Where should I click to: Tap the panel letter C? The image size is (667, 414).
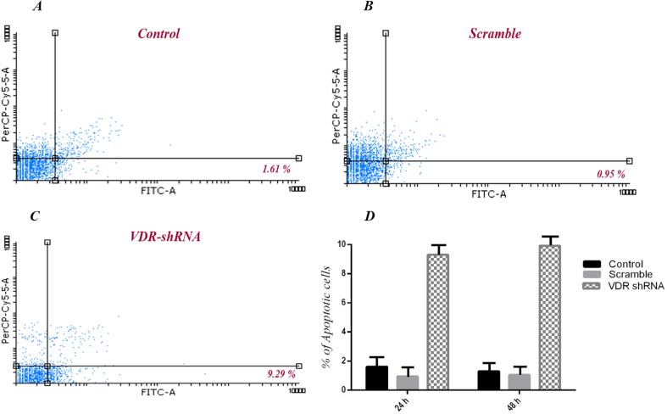point(34,216)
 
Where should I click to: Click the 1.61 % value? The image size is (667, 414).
point(277,170)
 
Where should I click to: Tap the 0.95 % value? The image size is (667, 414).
point(608,173)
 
